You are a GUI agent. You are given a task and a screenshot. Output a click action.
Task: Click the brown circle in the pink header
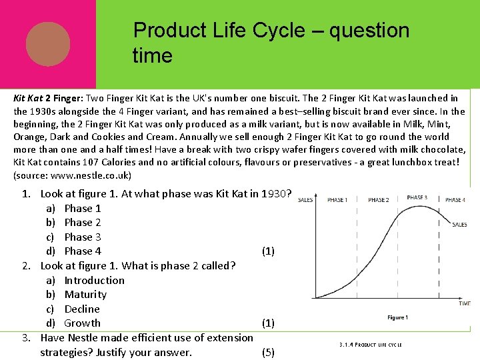pyautogui.click(x=48, y=44)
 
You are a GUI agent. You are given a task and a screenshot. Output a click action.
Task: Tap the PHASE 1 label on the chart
pyautogui.click(x=337, y=200)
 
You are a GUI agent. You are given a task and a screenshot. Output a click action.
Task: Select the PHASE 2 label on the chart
pyautogui.click(x=378, y=200)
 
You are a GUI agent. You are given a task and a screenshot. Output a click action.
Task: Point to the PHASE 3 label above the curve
pyautogui.click(x=417, y=198)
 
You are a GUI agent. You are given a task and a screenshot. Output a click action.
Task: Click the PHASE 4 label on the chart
pyautogui.click(x=455, y=200)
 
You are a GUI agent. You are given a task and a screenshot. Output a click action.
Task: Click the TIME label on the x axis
pyautogui.click(x=464, y=303)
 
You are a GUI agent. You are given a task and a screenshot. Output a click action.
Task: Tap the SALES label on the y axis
pyautogui.click(x=305, y=200)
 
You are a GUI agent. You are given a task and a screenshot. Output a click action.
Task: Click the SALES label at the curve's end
pyautogui.click(x=459, y=225)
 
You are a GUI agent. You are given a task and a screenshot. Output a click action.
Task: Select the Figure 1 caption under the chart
pyautogui.click(x=397, y=317)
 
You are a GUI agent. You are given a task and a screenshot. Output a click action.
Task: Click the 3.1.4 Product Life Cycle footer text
pyautogui.click(x=370, y=345)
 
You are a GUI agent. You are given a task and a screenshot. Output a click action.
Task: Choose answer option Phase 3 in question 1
pyautogui.click(x=83, y=237)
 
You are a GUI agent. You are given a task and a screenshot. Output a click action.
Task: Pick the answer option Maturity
pyautogui.click(x=85, y=295)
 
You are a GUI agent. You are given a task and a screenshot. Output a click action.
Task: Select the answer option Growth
pyautogui.click(x=82, y=323)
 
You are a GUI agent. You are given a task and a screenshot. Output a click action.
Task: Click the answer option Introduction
pyautogui.click(x=94, y=280)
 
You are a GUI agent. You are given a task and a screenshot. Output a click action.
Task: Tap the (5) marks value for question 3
pyautogui.click(x=268, y=353)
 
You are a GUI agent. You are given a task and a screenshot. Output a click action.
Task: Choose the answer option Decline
pyautogui.click(x=82, y=309)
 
